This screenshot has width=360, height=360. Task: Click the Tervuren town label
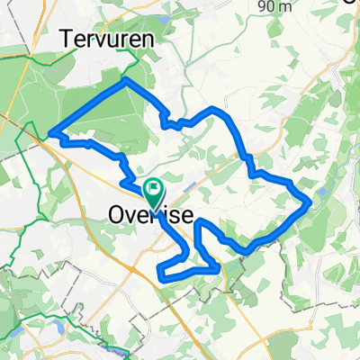click(106, 39)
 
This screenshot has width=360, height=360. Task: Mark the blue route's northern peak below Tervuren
click(125, 79)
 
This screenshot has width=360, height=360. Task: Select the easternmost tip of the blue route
click(311, 202)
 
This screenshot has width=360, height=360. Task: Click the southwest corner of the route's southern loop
click(161, 270)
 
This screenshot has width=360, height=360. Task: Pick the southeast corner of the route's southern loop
click(219, 266)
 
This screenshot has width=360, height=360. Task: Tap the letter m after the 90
click(288, 6)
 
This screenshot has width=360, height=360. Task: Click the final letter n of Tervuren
click(146, 39)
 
